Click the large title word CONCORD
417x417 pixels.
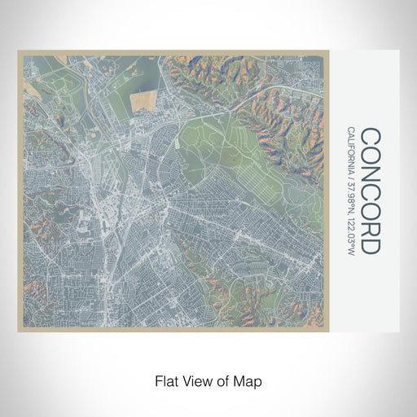pos(369,191)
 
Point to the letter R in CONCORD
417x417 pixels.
pos(369,227)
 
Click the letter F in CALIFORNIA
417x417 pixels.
pos(350,151)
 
